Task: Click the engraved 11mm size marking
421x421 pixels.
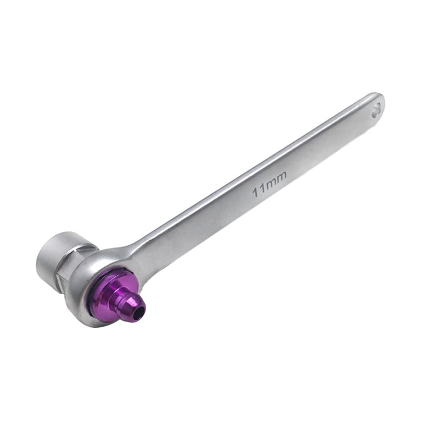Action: [270, 183]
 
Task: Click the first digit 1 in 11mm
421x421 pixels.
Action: [256, 193]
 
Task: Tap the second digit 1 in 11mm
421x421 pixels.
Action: [262, 189]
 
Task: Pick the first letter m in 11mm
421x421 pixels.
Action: [271, 183]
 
